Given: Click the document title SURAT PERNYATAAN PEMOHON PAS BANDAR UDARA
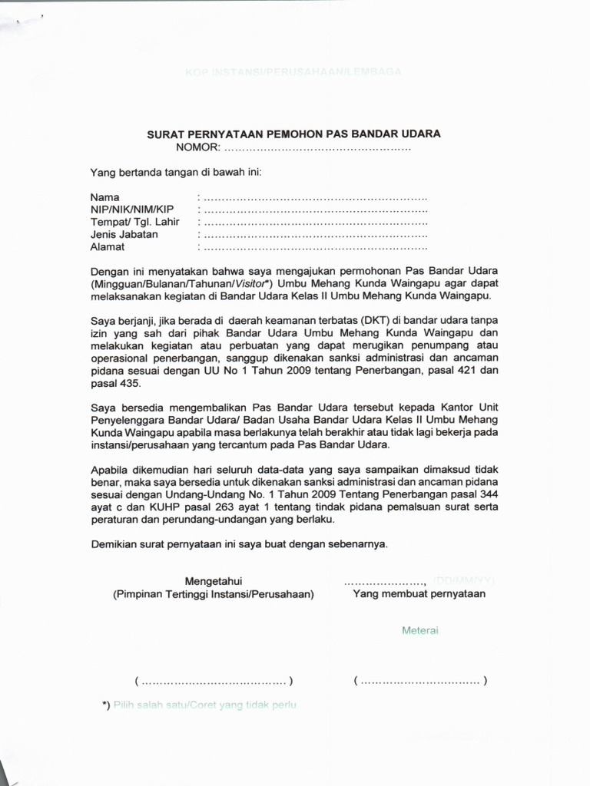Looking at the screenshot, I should [293, 134].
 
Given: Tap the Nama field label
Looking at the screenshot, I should [105, 198].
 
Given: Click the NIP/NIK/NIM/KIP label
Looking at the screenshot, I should [132, 210].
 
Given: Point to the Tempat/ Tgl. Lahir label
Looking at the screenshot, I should [134, 223].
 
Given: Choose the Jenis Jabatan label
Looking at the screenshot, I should [124, 235].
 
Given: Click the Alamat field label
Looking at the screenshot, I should [108, 247].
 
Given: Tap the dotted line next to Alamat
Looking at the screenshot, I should [315, 248].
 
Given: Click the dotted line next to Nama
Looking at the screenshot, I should [315, 199].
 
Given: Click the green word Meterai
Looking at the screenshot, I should [419, 630].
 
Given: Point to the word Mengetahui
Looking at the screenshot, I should [214, 580].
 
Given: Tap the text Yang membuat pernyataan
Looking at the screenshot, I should [419, 594].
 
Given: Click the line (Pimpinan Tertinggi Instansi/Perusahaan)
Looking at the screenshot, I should [214, 594].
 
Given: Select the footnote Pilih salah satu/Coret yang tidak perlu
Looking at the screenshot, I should [204, 705].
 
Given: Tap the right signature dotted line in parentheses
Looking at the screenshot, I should [420, 681].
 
